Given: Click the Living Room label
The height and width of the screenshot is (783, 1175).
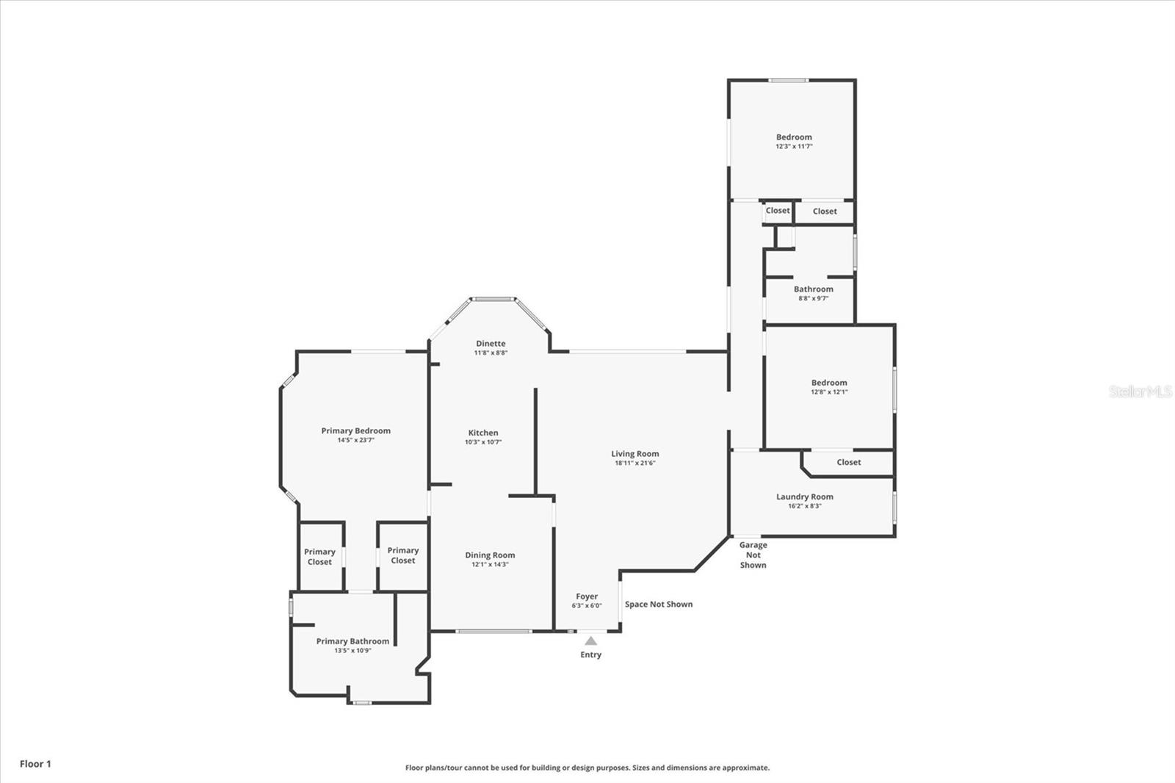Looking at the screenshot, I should pyautogui.click(x=635, y=454).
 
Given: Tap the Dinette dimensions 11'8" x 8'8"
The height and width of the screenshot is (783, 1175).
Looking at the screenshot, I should pyautogui.click(x=491, y=353).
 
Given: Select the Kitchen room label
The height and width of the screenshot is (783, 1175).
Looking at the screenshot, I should pyautogui.click(x=483, y=433).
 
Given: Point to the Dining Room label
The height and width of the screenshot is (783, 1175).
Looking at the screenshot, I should pyautogui.click(x=490, y=555).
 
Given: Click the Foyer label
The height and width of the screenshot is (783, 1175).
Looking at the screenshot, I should pyautogui.click(x=587, y=596).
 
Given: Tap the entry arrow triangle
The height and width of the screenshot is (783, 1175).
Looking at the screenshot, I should pyautogui.click(x=591, y=641).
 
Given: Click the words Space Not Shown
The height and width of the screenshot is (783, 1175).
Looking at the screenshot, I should pyautogui.click(x=659, y=605).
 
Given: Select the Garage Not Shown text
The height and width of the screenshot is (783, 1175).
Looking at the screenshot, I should pyautogui.click(x=753, y=555).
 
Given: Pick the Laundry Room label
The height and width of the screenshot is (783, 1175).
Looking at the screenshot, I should pyautogui.click(x=805, y=497).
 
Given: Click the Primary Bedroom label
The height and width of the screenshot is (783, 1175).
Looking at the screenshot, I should pyautogui.click(x=355, y=430).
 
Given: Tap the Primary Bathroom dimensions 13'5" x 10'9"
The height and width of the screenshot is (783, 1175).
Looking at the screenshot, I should pyautogui.click(x=352, y=651).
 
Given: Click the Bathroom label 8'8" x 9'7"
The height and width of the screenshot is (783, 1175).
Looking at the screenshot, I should pyautogui.click(x=814, y=289).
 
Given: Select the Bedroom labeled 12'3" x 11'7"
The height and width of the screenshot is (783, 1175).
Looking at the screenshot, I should pyautogui.click(x=794, y=137).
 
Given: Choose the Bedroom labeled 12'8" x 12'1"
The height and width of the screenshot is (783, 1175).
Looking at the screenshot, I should pyautogui.click(x=829, y=383).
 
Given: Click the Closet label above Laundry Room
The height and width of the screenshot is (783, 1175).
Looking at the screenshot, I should pyautogui.click(x=848, y=462).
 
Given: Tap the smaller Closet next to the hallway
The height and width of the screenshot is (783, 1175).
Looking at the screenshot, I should pyautogui.click(x=778, y=211).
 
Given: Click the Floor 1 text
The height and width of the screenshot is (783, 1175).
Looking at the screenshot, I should pyautogui.click(x=35, y=764).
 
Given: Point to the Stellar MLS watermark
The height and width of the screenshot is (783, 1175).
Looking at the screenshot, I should pyautogui.click(x=1140, y=391).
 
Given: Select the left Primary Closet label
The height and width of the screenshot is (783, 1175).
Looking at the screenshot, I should pyautogui.click(x=319, y=557).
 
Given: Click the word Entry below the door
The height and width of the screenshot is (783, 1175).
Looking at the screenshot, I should pyautogui.click(x=590, y=654).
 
